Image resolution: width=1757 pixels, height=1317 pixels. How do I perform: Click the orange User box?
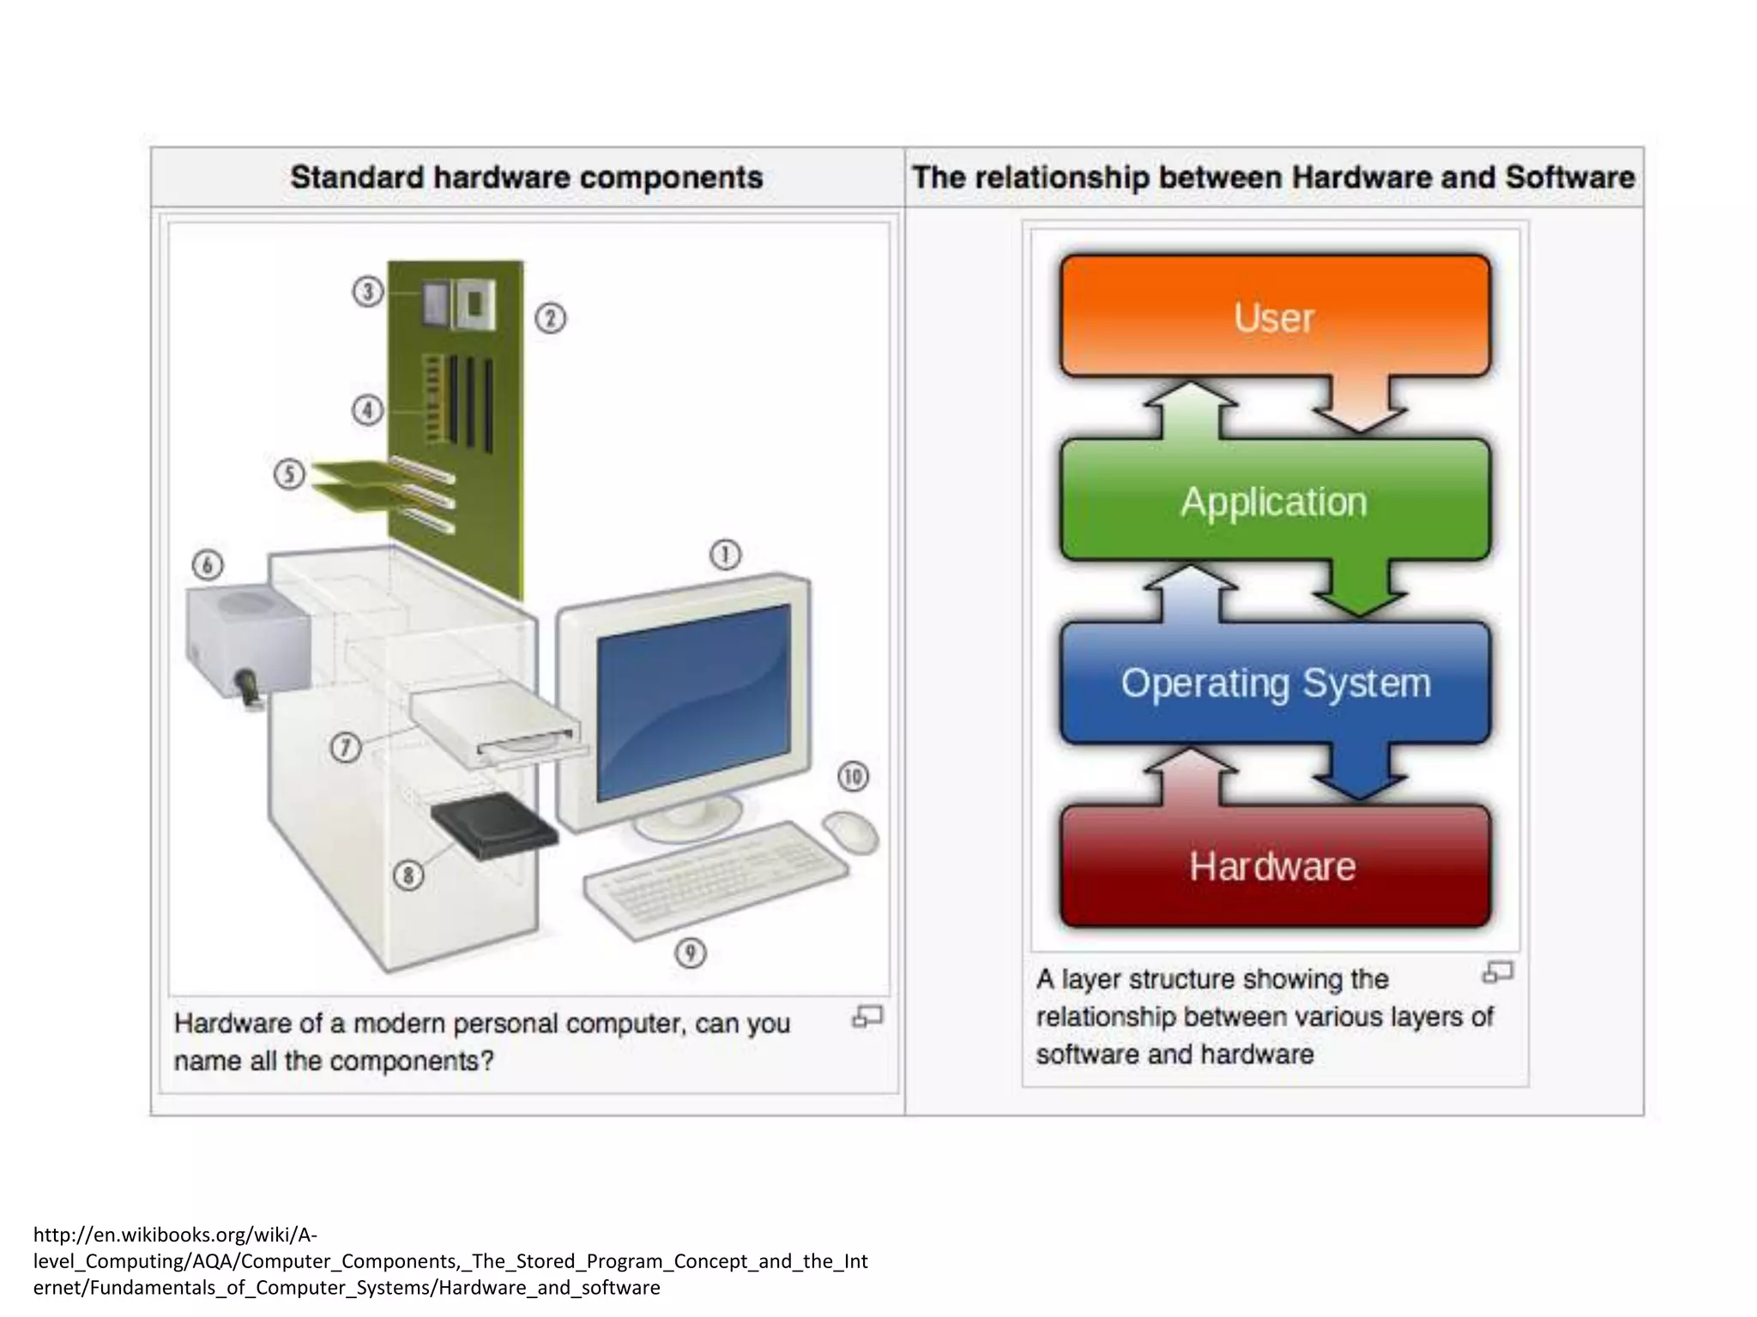coord(1275,316)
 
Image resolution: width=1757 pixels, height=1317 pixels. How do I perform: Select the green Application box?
coord(1275,501)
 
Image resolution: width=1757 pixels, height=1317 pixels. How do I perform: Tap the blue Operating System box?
coord(1275,683)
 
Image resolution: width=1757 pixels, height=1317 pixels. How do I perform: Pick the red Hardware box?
coord(1275,866)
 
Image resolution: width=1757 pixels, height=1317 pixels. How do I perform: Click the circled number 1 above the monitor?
coord(725,555)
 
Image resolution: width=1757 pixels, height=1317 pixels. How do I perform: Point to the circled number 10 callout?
coord(853,777)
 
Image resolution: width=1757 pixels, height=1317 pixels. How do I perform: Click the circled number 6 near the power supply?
coord(208,565)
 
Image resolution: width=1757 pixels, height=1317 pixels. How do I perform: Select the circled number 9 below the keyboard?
coord(691,953)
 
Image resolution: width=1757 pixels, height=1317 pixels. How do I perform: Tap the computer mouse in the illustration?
coord(851,831)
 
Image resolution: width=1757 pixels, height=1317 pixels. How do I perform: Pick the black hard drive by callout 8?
coord(493,825)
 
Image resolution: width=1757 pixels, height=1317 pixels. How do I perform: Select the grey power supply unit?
coord(247,639)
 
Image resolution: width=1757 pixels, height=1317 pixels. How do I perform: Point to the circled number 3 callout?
coord(368,292)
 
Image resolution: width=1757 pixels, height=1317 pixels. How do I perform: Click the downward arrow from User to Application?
coord(1360,403)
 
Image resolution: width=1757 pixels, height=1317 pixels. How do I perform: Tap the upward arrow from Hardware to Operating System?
coord(1191,776)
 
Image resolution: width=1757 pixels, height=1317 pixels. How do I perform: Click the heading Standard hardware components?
coord(526,177)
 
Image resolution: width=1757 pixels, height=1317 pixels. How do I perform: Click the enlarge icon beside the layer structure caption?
coord(1498,972)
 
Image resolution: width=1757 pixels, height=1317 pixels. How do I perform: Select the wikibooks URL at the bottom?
coord(450,1260)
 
